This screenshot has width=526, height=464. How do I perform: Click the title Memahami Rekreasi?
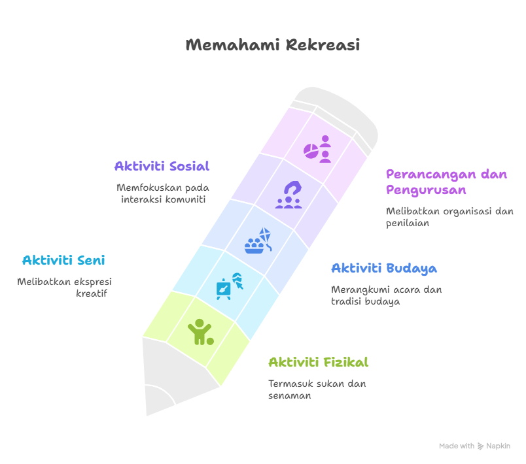tap(273, 45)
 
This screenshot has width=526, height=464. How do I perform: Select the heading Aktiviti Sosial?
tap(162, 166)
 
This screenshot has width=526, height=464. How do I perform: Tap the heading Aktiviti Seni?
tap(63, 260)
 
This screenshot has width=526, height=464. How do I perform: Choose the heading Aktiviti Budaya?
tap(384, 269)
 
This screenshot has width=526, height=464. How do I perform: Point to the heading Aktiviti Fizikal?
tap(319, 362)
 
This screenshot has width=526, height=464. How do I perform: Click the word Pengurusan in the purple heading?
tap(426, 190)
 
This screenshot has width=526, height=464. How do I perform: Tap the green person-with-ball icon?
tap(201, 332)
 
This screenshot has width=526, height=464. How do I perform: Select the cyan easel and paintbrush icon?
tap(230, 286)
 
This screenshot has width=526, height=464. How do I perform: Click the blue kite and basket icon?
tap(258, 240)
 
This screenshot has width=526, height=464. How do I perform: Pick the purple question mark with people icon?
tap(289, 195)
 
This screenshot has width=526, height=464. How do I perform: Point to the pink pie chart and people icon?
tap(317, 149)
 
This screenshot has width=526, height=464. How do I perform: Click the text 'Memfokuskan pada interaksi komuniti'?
tap(163, 193)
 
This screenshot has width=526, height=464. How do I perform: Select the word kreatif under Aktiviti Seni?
tap(91, 293)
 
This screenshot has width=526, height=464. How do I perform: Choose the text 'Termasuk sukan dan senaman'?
tap(317, 389)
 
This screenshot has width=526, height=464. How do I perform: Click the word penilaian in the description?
tap(408, 224)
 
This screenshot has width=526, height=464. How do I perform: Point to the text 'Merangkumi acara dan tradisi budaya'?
tap(387, 295)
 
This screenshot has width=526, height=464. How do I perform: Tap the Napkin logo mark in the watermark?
tap(480, 446)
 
